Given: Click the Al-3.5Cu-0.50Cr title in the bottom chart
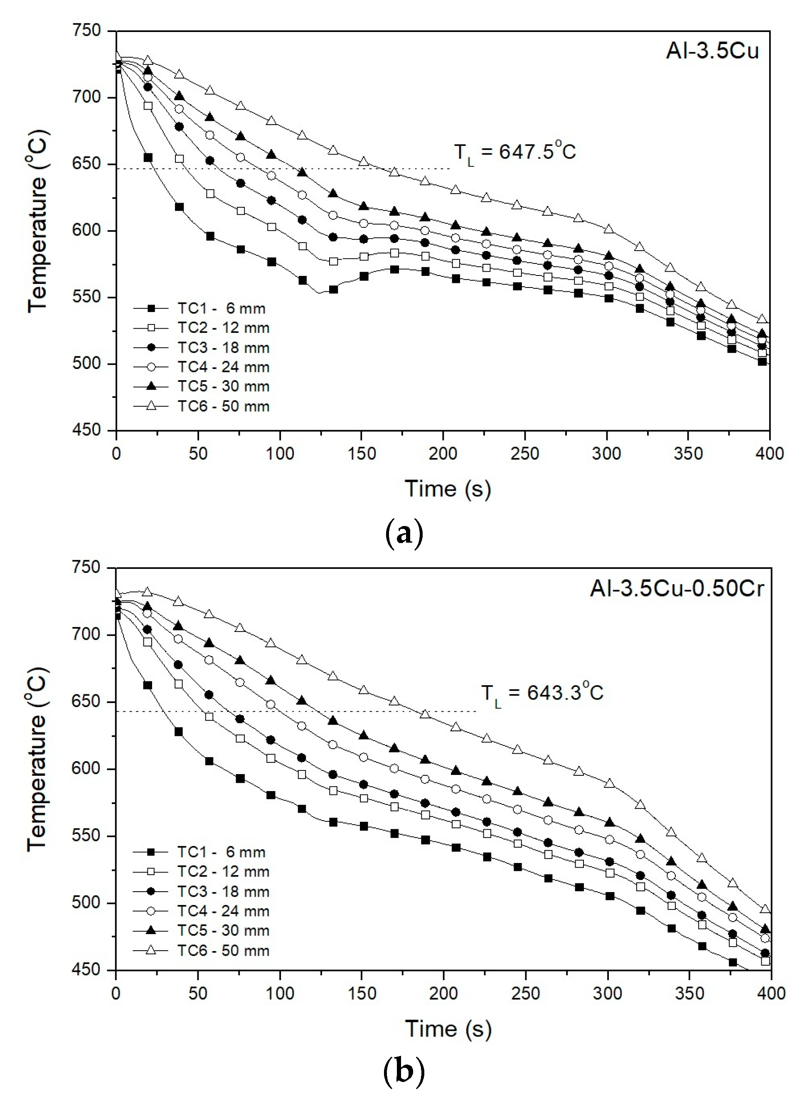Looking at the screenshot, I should pyautogui.click(x=677, y=589).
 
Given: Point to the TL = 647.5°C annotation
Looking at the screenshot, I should pyautogui.click(x=514, y=152).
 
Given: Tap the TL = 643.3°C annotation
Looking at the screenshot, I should pyautogui.click(x=542, y=693).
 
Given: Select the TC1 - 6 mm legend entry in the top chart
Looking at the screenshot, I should pyautogui.click(x=199, y=308).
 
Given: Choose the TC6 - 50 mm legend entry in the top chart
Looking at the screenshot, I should pyautogui.click(x=202, y=406).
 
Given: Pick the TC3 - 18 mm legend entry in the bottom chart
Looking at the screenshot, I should pyautogui.click(x=202, y=892).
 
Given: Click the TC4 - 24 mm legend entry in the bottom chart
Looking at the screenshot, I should pyautogui.click(x=202, y=911).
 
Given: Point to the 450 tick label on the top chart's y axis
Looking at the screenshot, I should pyautogui.click(x=87, y=430).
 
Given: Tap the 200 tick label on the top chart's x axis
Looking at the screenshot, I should pyautogui.click(x=443, y=454).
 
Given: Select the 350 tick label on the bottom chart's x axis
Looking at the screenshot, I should pyautogui.click(x=689, y=993).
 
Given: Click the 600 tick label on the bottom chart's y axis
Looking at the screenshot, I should pyautogui.click(x=87, y=769).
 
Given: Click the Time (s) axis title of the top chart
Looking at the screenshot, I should pyautogui.click(x=448, y=489).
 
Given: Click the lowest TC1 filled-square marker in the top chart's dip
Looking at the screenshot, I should pyautogui.click(x=333, y=290).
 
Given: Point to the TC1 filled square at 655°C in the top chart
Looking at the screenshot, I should pyautogui.click(x=148, y=158).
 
